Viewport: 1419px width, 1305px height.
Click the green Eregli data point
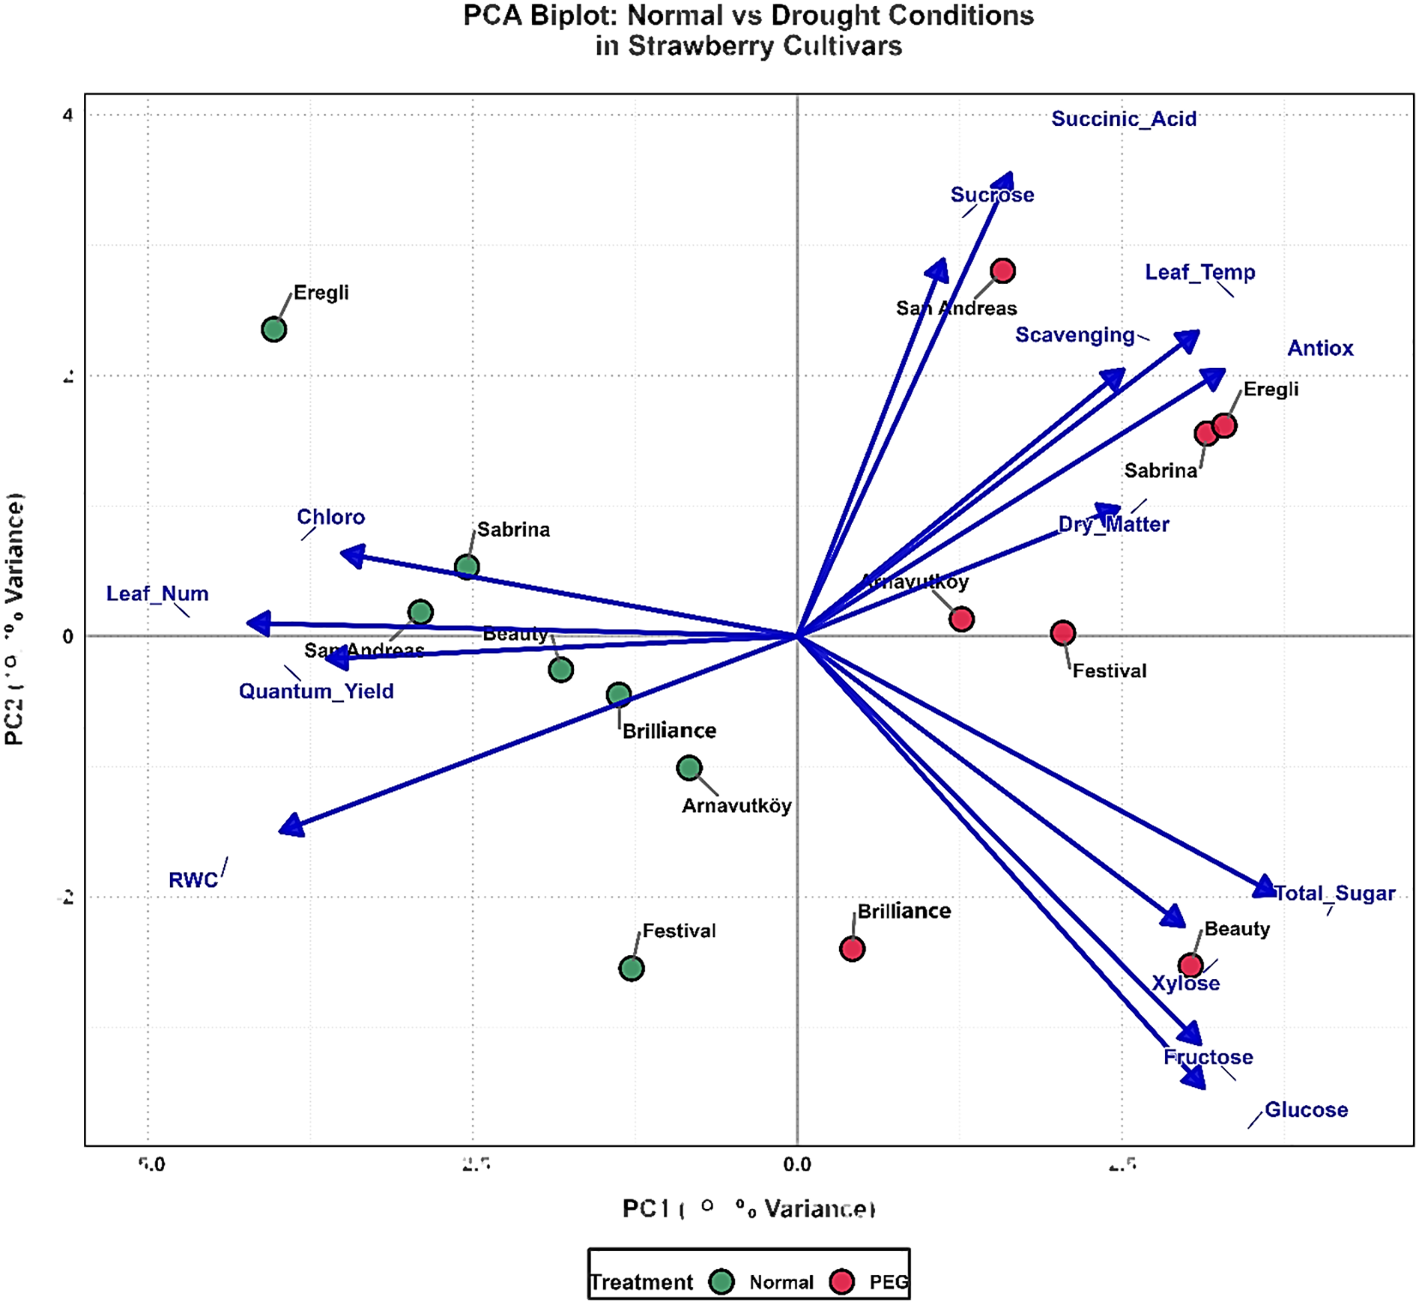(274, 329)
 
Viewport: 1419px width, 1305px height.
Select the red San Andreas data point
(1003, 271)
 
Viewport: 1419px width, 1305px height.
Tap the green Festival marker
(631, 969)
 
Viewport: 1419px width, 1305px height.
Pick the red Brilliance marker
(852, 949)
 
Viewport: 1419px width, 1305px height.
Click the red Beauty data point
(1191, 965)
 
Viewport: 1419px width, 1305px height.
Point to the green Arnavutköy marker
(689, 767)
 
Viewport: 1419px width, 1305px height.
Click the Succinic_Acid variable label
(1124, 119)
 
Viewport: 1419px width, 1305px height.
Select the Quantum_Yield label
(316, 691)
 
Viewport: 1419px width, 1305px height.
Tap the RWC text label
(193, 881)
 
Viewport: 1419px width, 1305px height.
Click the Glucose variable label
(1306, 1110)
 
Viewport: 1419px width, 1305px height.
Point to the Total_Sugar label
(1335, 893)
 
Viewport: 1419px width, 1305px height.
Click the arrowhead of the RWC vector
(290, 827)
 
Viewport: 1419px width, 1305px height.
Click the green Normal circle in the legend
(722, 1282)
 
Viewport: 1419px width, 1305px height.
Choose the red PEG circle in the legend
(842, 1282)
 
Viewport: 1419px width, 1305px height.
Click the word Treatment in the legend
(642, 1283)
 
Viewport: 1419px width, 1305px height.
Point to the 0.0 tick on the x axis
(797, 1164)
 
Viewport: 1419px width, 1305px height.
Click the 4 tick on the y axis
(68, 115)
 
